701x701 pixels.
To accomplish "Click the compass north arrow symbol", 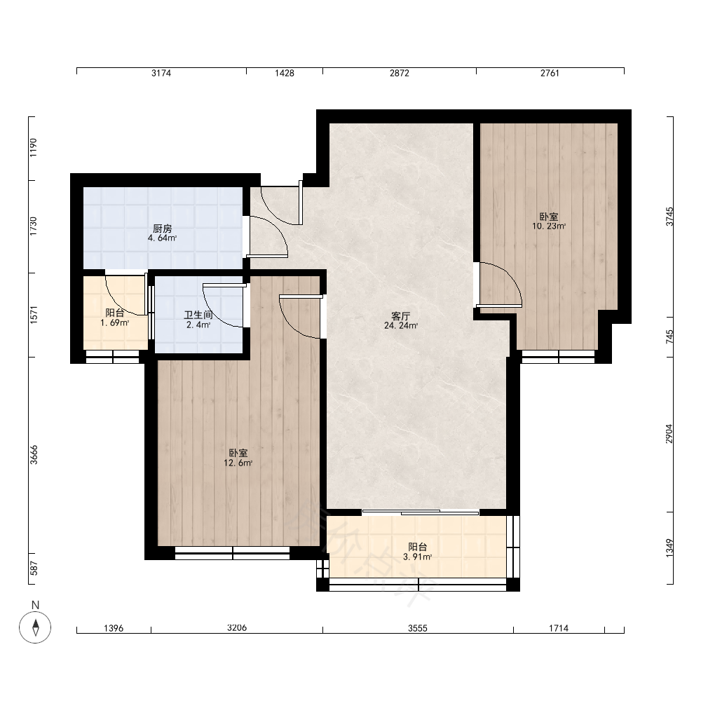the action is [35, 627].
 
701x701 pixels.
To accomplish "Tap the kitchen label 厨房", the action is [163, 229].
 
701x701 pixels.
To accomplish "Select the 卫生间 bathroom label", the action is [198, 315].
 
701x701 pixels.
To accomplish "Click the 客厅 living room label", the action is [401, 316].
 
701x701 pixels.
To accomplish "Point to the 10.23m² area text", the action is [549, 226].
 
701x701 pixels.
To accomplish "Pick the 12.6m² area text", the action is [238, 463].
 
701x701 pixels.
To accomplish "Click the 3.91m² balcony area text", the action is [418, 557].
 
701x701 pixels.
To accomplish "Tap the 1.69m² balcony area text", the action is [115, 322].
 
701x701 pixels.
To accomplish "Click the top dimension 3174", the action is [161, 74].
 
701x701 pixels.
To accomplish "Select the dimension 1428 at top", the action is [285, 74].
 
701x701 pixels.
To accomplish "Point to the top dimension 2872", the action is [400, 74].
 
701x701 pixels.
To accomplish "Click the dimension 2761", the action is [550, 74].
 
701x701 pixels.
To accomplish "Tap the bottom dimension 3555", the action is [418, 629].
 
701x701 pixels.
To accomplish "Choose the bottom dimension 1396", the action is [114, 629].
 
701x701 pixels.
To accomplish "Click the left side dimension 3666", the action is [34, 455].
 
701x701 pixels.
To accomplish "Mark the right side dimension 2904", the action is [669, 434].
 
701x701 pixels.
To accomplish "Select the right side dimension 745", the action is [669, 336].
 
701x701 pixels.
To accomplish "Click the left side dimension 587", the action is [34, 569].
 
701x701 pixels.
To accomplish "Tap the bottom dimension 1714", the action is [559, 629].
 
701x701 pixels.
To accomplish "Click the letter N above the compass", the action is [35, 606].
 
